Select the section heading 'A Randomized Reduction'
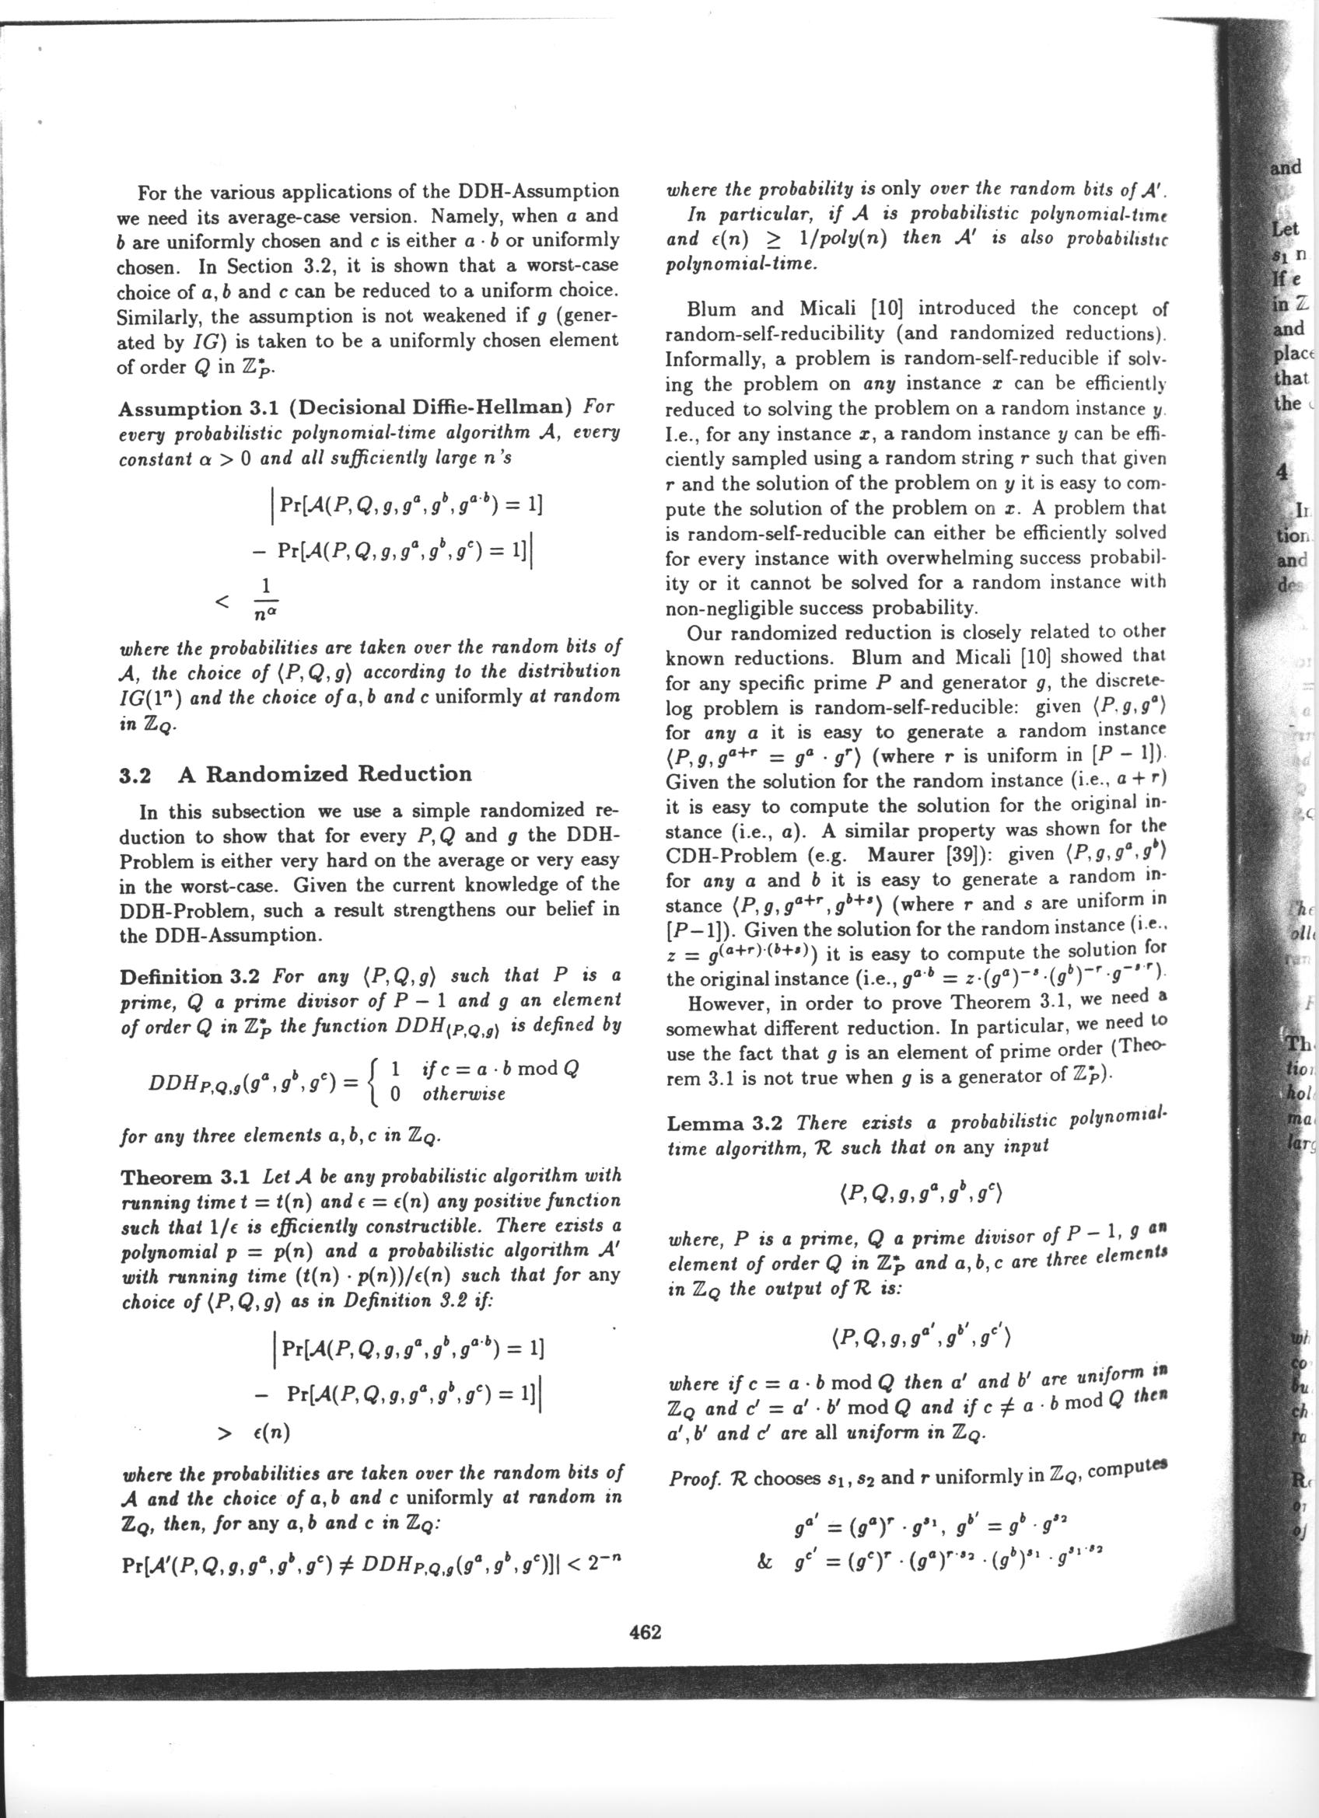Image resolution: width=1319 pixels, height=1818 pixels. coord(325,773)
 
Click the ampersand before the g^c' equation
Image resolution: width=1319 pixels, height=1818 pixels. coord(764,1538)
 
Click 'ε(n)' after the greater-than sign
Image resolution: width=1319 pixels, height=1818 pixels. coord(268,1432)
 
